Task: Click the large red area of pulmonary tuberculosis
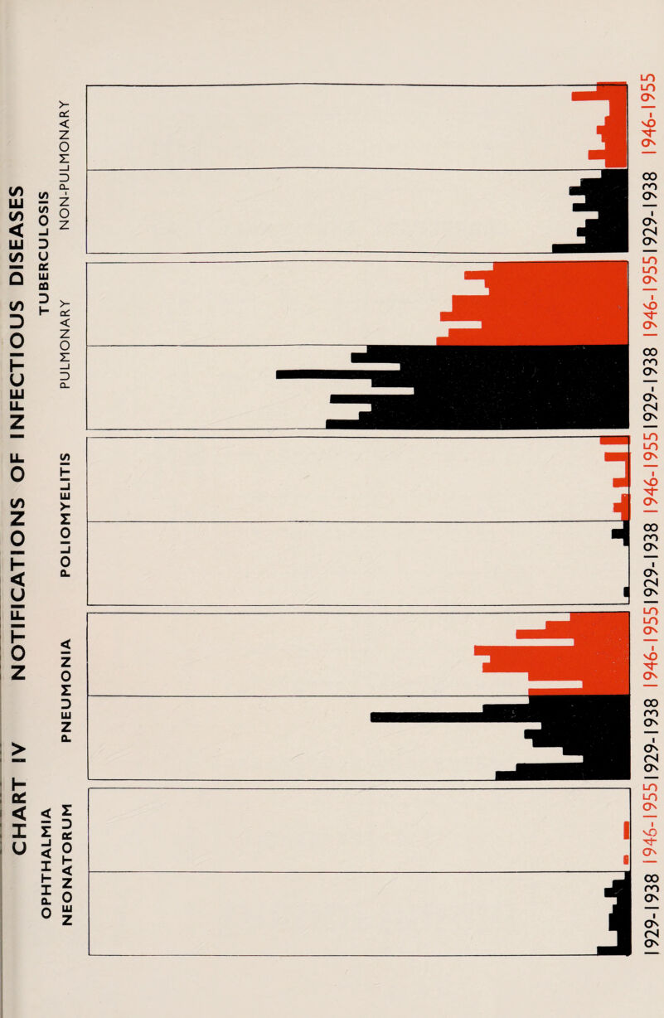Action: pos(564,303)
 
